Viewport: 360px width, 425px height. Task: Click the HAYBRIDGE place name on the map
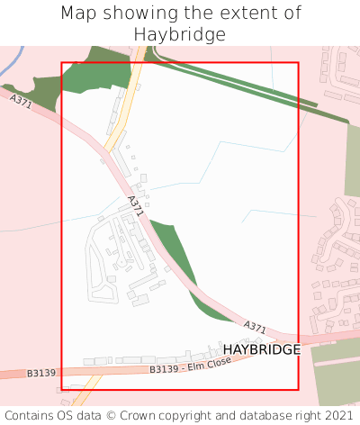(x=261, y=349)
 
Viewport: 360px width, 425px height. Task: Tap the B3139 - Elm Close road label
(x=190, y=365)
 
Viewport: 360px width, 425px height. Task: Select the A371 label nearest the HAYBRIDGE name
(x=255, y=326)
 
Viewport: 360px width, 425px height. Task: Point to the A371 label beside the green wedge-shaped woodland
(x=135, y=206)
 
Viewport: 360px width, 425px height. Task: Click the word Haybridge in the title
(x=180, y=34)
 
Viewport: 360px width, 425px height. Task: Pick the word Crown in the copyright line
(x=140, y=415)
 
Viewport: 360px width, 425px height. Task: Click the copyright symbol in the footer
(x=112, y=415)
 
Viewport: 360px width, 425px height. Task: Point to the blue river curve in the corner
(x=11, y=63)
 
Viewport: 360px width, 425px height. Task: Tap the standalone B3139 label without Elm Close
(x=41, y=373)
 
